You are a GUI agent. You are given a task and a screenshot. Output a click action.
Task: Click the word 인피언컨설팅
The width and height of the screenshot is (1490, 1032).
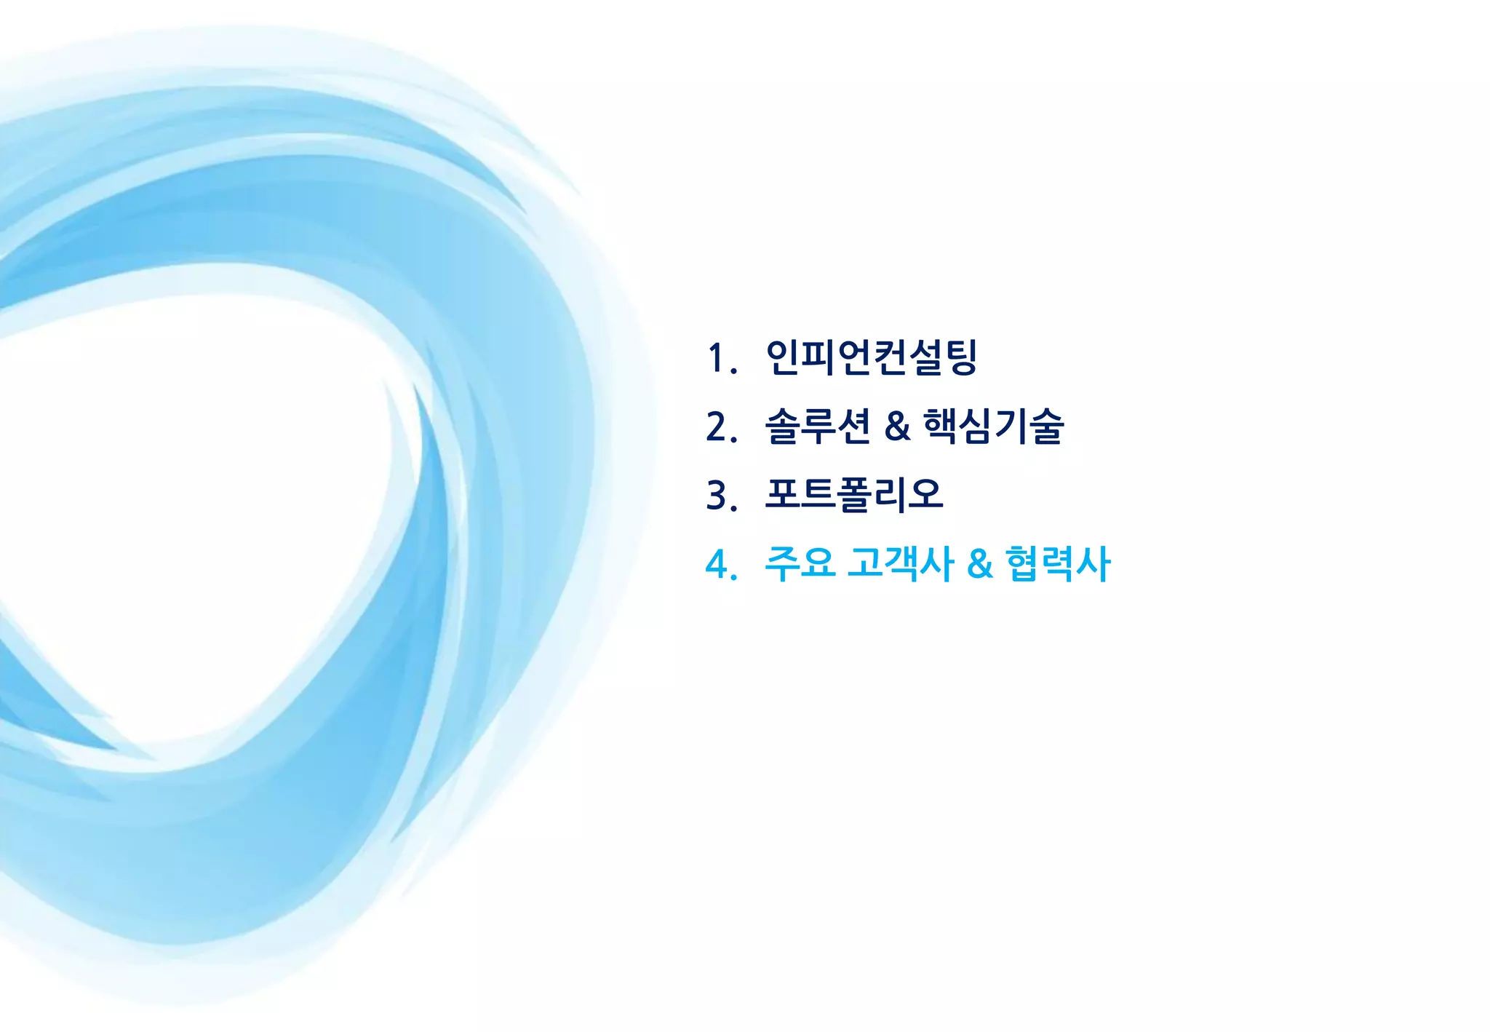pos(871,357)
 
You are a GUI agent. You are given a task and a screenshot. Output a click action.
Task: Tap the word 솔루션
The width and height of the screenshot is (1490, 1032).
pos(817,426)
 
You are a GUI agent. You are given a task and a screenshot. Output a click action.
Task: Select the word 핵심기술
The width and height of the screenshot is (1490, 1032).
pos(993,426)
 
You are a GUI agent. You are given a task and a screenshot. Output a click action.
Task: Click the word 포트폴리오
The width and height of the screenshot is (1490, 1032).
pos(853,495)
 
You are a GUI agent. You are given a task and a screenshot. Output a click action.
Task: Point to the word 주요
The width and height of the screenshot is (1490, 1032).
pos(800,564)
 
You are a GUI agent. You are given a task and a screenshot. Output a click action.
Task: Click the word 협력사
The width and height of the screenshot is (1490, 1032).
pos(1058,564)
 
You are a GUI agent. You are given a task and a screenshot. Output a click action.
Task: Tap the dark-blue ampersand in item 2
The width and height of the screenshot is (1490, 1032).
pos(897,426)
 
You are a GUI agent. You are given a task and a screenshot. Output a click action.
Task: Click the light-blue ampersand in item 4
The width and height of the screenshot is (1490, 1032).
pos(980,564)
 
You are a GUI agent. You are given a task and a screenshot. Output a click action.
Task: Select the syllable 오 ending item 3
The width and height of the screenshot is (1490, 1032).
pos(925,495)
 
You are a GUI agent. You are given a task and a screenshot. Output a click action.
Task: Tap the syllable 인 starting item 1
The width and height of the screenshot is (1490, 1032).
pos(783,357)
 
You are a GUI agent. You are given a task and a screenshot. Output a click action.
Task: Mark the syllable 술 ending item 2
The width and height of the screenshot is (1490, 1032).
pos(1046,426)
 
